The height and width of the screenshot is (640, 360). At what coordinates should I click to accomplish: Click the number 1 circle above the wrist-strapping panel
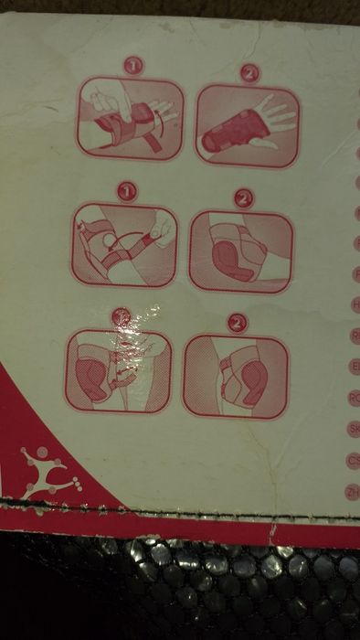click(133, 66)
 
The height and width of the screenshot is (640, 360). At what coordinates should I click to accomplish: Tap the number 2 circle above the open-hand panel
click(249, 72)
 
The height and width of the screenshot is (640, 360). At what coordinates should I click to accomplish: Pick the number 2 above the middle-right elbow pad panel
click(242, 197)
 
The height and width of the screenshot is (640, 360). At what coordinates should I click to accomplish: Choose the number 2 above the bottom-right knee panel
click(237, 323)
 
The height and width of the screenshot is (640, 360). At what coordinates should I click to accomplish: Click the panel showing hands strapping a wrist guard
click(129, 116)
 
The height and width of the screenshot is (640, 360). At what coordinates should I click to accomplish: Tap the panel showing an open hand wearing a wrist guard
click(247, 125)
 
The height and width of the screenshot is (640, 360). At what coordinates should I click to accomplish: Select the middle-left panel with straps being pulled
click(123, 245)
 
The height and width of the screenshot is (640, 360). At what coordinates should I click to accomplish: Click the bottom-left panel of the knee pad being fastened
click(119, 370)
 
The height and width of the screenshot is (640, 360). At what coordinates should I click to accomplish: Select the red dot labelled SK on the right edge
click(354, 427)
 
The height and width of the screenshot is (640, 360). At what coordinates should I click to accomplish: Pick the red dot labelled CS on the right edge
click(355, 459)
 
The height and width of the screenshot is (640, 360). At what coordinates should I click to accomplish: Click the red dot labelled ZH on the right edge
click(355, 490)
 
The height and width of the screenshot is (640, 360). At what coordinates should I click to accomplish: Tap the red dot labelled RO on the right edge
click(354, 396)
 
